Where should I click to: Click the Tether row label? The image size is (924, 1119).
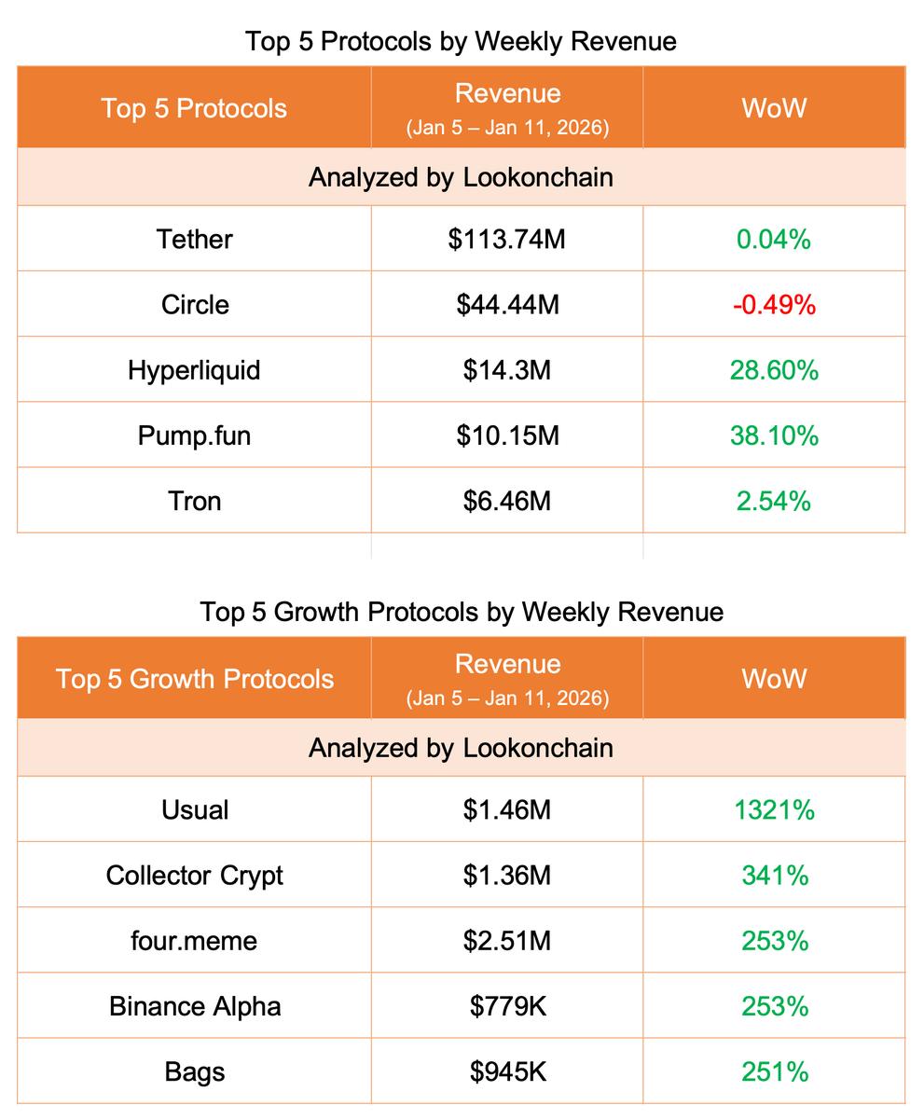pos(194,240)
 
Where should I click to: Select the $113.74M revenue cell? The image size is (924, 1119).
pos(507,240)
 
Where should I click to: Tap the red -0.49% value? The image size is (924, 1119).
pos(774,305)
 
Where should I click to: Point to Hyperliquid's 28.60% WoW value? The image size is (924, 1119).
pos(774,370)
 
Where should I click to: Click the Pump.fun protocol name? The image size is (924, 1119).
pos(194,435)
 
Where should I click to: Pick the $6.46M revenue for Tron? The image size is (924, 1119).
pos(507,501)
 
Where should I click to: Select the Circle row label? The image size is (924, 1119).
pos(194,305)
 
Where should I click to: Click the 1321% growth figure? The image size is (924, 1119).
pos(774,810)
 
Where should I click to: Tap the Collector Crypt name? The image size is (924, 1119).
pos(194,876)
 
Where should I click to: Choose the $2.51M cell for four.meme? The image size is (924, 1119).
pos(507,941)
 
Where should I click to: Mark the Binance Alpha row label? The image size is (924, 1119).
pos(194,1006)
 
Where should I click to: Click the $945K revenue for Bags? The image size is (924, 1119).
pos(507,1071)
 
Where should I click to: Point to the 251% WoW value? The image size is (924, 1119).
pos(774,1071)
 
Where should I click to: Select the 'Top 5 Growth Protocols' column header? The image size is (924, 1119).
pos(194,678)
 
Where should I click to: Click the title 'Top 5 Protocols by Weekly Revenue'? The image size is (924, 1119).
pos(461,42)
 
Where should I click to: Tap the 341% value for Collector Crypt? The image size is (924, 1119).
pos(774,876)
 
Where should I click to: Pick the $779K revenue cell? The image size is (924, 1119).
pos(507,1006)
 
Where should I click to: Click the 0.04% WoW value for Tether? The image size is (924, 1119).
pos(774,240)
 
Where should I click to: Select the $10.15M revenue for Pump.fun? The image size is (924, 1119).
pos(507,435)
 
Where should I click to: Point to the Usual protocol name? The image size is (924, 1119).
pos(194,810)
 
